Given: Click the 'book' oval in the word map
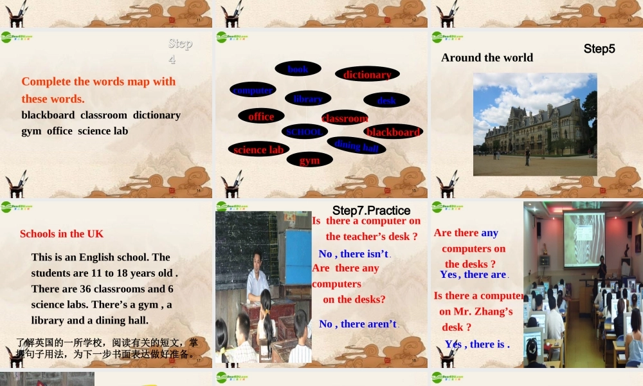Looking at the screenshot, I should point(298,69).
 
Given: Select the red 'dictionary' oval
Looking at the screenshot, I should point(367,75).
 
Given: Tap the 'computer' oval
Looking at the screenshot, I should point(253,90).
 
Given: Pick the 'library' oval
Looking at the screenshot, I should point(308,98).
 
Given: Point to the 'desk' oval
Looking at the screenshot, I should point(386,100).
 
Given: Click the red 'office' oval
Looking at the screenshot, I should point(261,116).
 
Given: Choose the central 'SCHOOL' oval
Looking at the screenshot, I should point(304,131).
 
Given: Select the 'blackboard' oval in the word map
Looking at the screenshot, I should point(393,132).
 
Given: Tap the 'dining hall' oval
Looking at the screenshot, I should point(356,145).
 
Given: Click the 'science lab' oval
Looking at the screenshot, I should point(258,149).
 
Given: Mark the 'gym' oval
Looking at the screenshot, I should point(309,160).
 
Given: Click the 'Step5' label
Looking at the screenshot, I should point(599,49).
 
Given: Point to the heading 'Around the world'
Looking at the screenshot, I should point(487,57).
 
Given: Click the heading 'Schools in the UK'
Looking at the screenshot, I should point(62,234).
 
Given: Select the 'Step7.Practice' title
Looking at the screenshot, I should point(371,210).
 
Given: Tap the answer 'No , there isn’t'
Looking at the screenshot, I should point(354,253).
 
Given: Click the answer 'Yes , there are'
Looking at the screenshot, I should point(473,274).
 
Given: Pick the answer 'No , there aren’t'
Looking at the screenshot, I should point(358,324).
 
